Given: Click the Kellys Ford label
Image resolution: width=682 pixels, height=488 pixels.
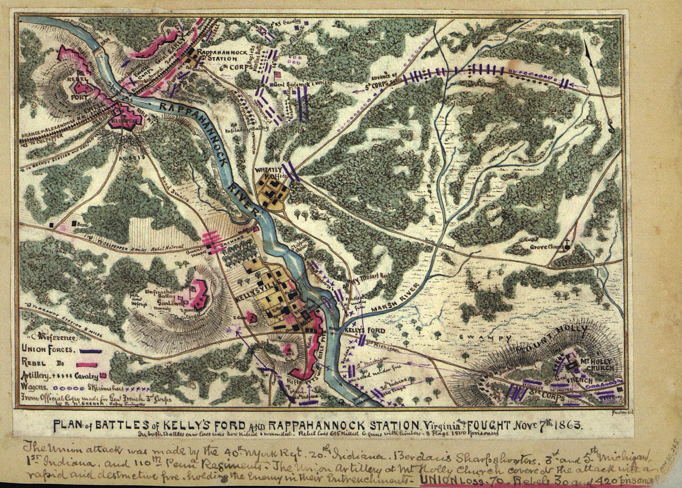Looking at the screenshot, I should [x=365, y=331].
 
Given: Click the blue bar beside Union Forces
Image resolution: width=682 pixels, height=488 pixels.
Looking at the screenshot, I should [x=90, y=351].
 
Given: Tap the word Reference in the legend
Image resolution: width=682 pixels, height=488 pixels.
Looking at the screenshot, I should [x=56, y=337].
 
